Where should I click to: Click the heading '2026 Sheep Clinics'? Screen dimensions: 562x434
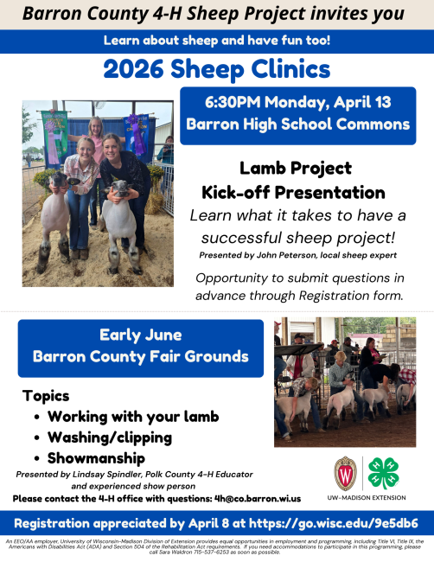(216, 68)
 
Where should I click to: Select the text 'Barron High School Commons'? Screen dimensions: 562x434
(297, 125)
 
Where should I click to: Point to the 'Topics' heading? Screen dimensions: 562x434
(46, 396)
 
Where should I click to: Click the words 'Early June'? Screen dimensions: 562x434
(139, 335)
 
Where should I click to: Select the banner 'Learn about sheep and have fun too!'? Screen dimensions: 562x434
(216, 42)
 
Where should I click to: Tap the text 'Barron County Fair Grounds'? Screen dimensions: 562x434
(140, 357)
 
